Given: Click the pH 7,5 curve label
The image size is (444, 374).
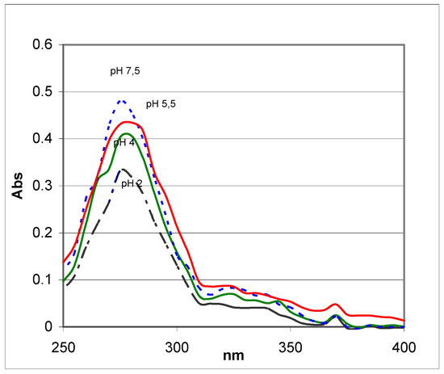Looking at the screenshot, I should pos(127,72).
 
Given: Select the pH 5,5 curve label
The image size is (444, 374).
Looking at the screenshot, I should pos(162,104).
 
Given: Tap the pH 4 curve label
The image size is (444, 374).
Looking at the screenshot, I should pos(124,143).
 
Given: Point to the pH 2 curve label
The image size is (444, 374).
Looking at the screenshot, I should pos(132,183).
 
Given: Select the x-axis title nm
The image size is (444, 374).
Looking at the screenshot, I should pos(233,354).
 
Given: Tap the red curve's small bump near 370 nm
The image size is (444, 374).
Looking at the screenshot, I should pos(336,305).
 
